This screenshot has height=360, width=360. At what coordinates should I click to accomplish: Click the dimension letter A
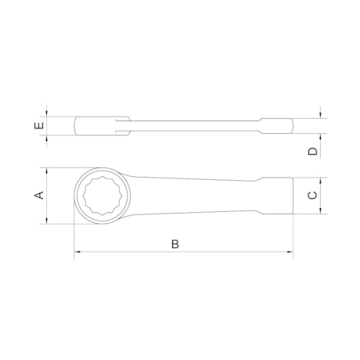38,196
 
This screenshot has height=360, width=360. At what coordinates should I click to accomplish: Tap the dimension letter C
311,196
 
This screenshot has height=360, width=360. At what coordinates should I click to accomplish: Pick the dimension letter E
38,125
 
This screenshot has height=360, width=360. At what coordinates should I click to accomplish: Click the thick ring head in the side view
98,125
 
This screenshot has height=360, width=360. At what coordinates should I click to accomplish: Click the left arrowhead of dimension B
77,253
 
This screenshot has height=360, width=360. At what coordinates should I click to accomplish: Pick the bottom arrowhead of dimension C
322,212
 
